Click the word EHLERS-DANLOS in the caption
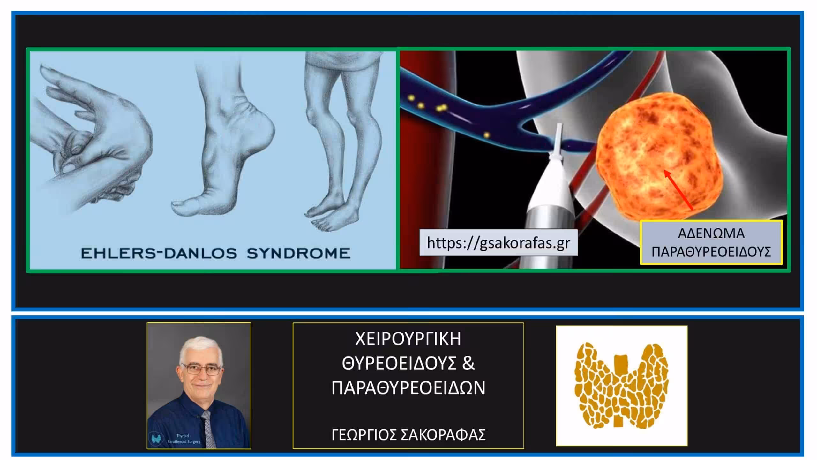tap(159, 253)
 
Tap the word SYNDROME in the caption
tap(298, 253)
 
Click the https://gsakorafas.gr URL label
tap(498, 242)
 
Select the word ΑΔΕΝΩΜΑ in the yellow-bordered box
tap(711, 234)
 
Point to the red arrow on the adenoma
tap(679, 189)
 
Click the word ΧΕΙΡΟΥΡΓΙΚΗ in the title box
tap(408, 339)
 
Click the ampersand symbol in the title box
tap(468, 364)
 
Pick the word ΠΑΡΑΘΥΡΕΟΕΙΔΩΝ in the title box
tap(408, 388)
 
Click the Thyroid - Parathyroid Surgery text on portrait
tap(184, 439)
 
